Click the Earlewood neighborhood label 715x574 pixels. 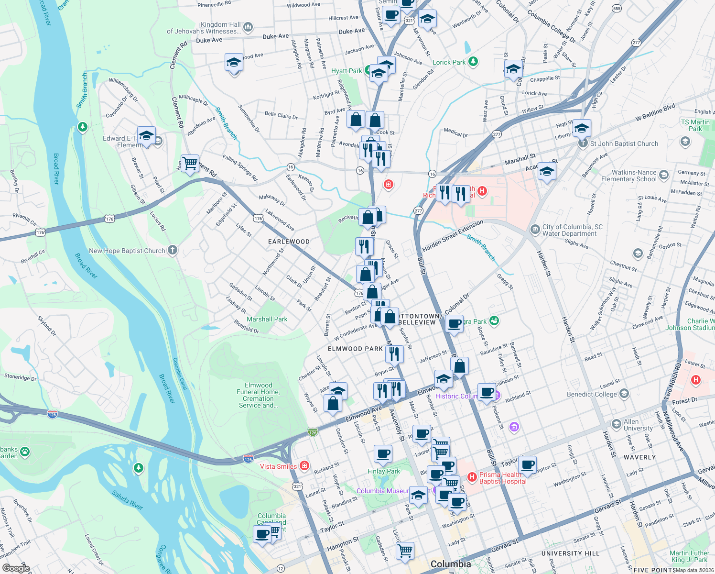(289, 242)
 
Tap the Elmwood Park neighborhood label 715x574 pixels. (355, 349)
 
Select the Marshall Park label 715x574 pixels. (267, 319)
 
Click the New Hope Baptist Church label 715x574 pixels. (127, 251)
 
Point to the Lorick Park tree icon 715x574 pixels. (473, 61)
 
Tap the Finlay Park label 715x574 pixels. (383, 471)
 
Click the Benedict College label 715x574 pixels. (592, 394)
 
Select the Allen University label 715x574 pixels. (638, 425)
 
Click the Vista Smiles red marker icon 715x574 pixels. (304, 466)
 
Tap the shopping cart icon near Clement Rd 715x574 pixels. (190, 164)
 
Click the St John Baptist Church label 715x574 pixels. (624, 143)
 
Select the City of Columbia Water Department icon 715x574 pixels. (535, 230)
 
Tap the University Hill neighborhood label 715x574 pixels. (570, 553)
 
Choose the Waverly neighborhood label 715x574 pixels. (639, 457)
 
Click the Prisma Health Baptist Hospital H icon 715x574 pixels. (472, 477)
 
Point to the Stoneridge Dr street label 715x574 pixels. (20, 377)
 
